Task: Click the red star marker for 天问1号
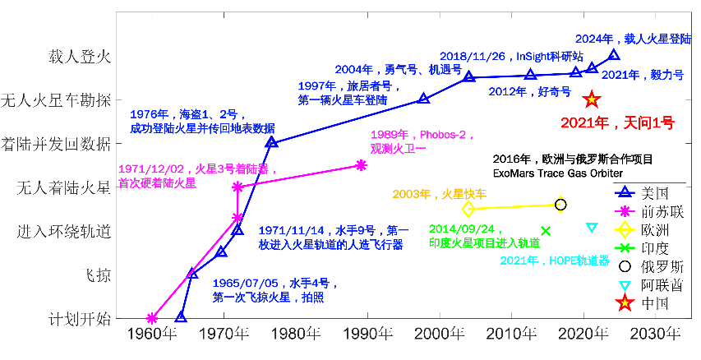pyautogui.click(x=591, y=99)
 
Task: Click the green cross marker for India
pyautogui.click(x=546, y=231)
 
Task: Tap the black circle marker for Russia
pyautogui.click(x=560, y=205)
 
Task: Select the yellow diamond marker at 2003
pyautogui.click(x=468, y=209)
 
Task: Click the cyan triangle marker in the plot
pyautogui.click(x=592, y=227)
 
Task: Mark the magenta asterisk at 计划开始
pyautogui.click(x=152, y=318)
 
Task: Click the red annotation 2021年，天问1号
pyautogui.click(x=617, y=123)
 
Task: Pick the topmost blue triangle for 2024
pyautogui.click(x=613, y=55)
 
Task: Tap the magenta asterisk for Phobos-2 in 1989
pyautogui.click(x=361, y=165)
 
